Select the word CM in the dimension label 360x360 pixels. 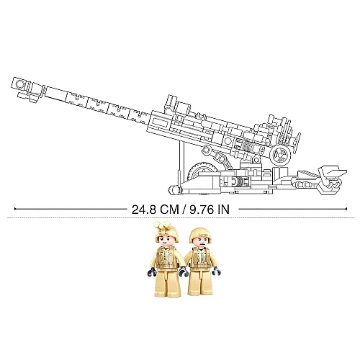click(x=170, y=210)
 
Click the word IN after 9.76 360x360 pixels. click(x=224, y=210)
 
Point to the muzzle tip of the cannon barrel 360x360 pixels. click(x=12, y=83)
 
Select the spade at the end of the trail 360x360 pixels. click(x=333, y=179)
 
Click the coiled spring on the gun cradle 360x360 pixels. click(x=246, y=147)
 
